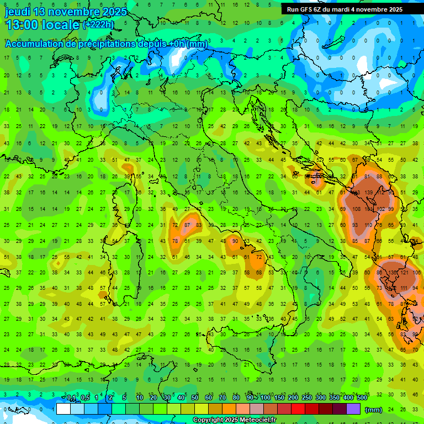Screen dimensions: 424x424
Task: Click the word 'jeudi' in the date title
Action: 18,12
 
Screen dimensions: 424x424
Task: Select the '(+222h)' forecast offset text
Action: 99,25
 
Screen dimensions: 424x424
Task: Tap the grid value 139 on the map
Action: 368,193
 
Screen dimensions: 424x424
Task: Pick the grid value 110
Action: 368,225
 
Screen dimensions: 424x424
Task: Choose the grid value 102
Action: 380,209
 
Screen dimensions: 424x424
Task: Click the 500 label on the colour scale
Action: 362,397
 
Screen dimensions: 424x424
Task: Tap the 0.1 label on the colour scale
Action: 72,397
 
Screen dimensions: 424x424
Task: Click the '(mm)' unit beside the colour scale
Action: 374,410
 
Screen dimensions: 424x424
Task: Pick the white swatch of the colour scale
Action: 63,409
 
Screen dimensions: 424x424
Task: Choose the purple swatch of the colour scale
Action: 353,409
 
